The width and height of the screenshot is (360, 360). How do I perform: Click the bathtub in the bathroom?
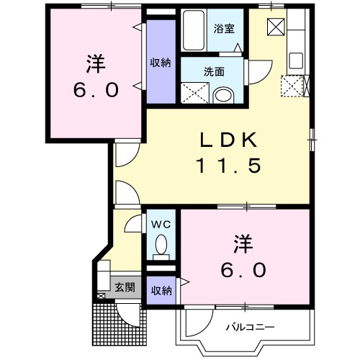tap(193, 30)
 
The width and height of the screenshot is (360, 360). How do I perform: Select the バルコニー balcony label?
tap(250, 327)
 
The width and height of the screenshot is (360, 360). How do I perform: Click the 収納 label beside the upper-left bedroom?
tap(161, 62)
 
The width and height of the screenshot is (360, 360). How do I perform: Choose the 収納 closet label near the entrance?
tap(161, 290)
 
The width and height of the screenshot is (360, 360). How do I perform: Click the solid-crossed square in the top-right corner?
tap(276, 27)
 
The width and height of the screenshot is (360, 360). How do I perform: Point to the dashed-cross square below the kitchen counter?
tap(293, 86)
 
